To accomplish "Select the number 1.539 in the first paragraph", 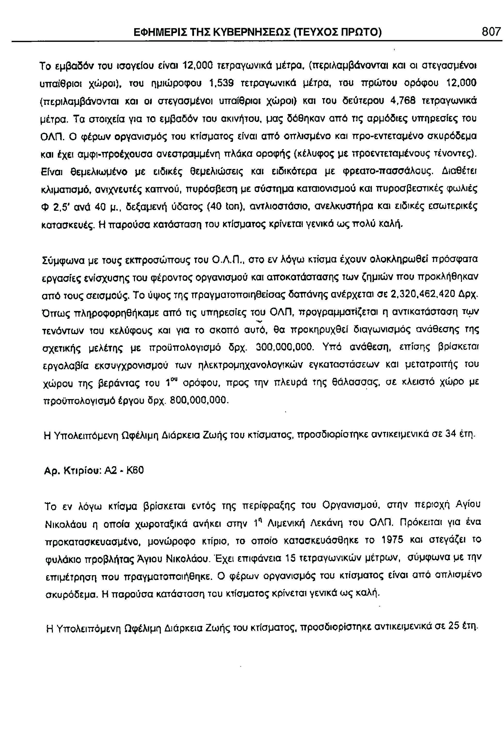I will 223,83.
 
